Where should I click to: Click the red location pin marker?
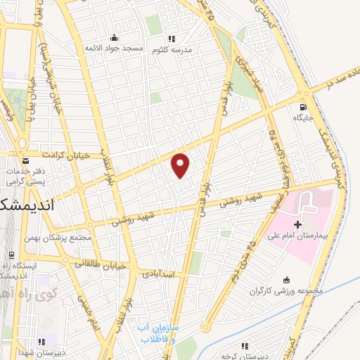point(181,164)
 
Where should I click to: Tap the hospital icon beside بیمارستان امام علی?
point(297,225)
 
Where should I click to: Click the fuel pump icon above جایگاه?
point(303,107)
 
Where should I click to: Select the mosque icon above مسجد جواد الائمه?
point(113,37)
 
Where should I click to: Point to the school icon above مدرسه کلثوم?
point(171,39)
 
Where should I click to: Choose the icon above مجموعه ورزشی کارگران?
point(284,280)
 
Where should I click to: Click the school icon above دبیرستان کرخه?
point(245,345)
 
